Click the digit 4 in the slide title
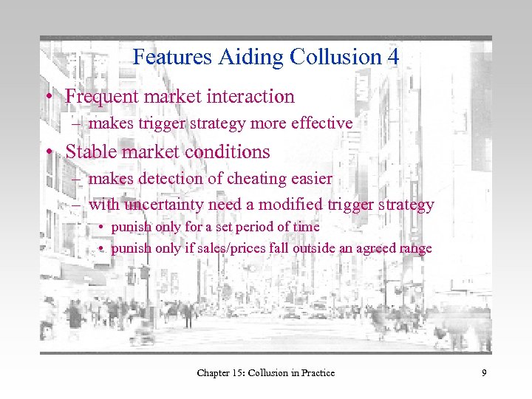[392, 57]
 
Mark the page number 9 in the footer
[484, 373]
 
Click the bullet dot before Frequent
[47, 97]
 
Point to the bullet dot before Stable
[47, 152]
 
